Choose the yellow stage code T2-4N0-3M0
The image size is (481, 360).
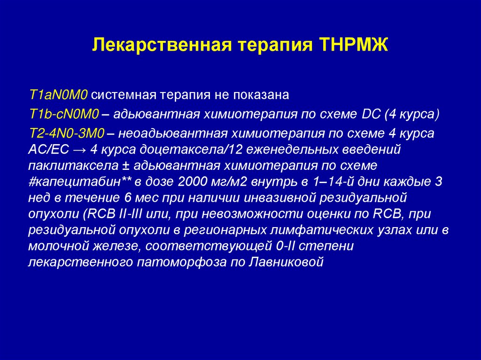[67, 133]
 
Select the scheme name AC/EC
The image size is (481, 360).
[49, 150]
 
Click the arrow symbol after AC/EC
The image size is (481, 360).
[79, 150]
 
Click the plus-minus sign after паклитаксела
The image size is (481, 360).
[109, 166]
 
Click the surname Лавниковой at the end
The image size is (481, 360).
[289, 261]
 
